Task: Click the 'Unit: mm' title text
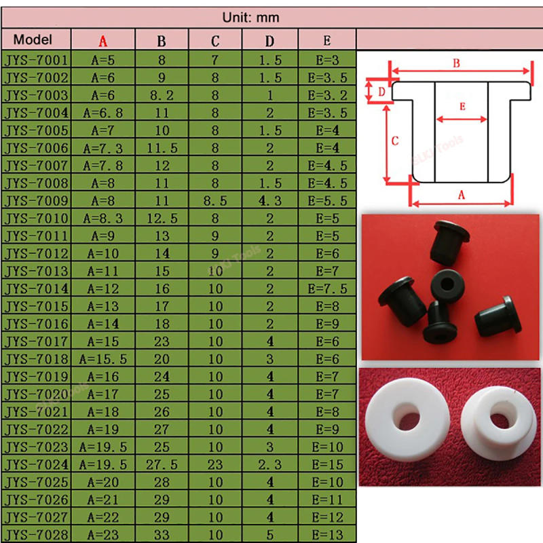click(251, 18)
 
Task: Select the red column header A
click(103, 41)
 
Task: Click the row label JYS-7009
click(36, 201)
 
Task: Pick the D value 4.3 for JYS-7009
click(270, 201)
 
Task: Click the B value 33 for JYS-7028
click(162, 536)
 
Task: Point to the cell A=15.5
click(103, 359)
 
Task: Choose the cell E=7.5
click(327, 288)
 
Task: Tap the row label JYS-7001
click(36, 60)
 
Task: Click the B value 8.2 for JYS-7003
click(162, 95)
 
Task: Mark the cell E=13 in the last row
click(327, 536)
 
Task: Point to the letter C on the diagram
click(395, 141)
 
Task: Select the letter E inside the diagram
click(462, 107)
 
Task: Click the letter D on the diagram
click(381, 90)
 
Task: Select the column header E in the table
click(327, 41)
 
